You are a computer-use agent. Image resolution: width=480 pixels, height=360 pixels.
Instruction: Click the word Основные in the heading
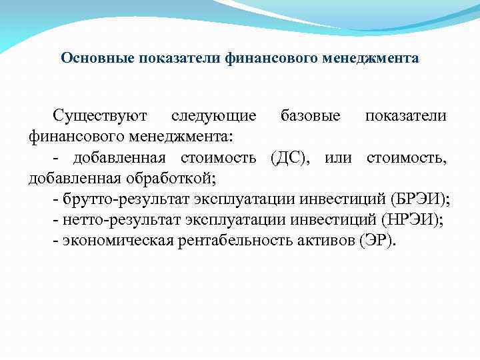pyautogui.click(x=98, y=58)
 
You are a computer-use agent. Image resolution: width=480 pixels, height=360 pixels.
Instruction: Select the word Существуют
pyautogui.click(x=100, y=115)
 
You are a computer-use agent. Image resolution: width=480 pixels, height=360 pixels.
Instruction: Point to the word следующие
pyautogui.click(x=213, y=115)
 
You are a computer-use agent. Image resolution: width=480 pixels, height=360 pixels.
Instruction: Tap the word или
pyautogui.click(x=338, y=157)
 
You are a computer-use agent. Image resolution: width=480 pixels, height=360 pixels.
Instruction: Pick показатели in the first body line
pyautogui.click(x=406, y=115)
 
